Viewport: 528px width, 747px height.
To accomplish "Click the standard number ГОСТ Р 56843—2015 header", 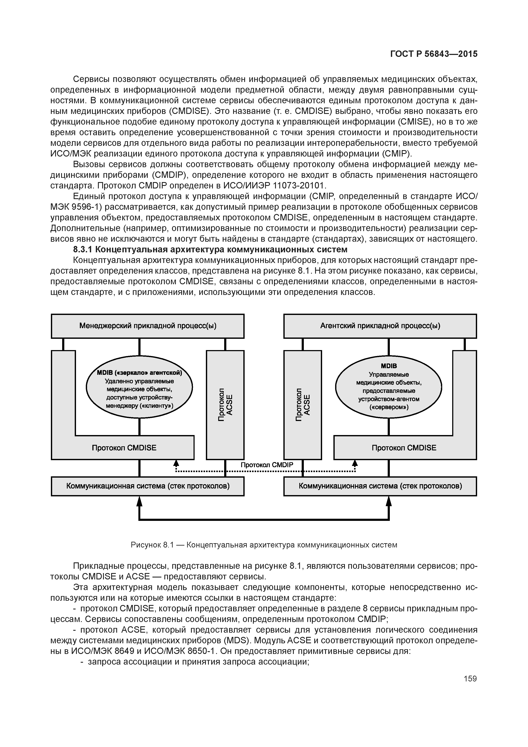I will click(434, 54).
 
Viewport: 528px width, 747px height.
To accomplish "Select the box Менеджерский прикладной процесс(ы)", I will click(148, 326).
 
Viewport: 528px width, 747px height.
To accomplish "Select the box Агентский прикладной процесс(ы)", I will click(380, 326).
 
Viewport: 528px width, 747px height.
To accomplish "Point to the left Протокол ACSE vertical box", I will click(225, 405).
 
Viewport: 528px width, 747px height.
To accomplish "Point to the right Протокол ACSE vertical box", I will click(303, 405).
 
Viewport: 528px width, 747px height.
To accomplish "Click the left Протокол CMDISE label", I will click(124, 448).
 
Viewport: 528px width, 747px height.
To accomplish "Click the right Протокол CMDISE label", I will click(404, 448).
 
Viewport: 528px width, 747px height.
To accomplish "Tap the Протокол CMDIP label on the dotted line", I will click(267, 465).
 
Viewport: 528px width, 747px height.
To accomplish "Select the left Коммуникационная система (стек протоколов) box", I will click(148, 486).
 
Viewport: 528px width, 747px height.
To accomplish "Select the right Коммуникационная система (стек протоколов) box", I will click(380, 486).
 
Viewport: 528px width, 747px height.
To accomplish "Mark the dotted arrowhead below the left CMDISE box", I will click(176, 463).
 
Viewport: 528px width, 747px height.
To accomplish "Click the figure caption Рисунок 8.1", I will click(153, 545).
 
